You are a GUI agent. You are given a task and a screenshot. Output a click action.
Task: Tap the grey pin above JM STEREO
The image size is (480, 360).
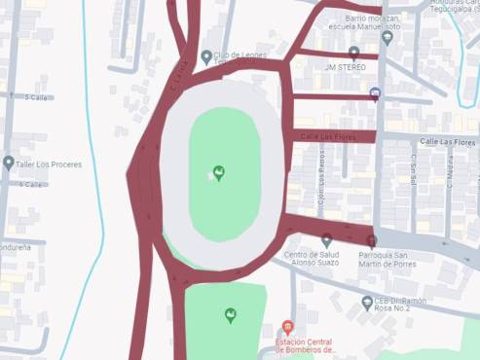pyautogui.click(x=353, y=53)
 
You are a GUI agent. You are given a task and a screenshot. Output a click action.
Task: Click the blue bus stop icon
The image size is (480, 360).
pyautogui.click(x=375, y=93)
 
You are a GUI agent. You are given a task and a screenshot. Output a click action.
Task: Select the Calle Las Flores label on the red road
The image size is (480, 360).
pyautogui.click(x=328, y=137)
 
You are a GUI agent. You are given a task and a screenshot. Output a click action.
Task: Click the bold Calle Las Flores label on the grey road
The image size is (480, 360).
pyautogui.click(x=443, y=142)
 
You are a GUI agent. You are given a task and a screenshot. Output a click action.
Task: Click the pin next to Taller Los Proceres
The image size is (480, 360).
pyautogui.click(x=9, y=162)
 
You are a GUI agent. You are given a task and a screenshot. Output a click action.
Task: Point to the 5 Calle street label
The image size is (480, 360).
pyautogui.click(x=37, y=97)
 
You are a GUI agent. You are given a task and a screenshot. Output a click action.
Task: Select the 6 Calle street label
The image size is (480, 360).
pyautogui.click(x=32, y=184)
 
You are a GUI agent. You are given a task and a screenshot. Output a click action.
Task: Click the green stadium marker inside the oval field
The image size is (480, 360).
pyautogui.click(x=219, y=173)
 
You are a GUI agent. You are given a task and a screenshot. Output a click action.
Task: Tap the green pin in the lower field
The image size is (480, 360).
pyautogui.click(x=230, y=314)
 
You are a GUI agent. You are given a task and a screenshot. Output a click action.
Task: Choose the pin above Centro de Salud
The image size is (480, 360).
pyautogui.click(x=326, y=239)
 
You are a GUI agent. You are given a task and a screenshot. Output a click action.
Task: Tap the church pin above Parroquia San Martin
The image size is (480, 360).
pyautogui.click(x=370, y=239)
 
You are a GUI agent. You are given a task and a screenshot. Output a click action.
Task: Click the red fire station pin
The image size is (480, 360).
pyautogui.click(x=287, y=328)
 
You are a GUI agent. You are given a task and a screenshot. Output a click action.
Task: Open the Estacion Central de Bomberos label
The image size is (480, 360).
pyautogui.click(x=305, y=347)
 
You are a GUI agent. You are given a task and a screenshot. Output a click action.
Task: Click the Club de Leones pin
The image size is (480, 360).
pyautogui.click(x=206, y=57)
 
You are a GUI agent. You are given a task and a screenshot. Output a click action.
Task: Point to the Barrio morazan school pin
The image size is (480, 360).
pyautogui.click(x=388, y=37)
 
